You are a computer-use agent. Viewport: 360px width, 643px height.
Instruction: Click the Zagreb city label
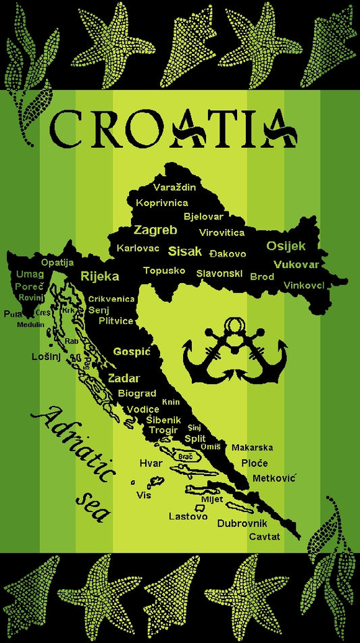[x=155, y=229]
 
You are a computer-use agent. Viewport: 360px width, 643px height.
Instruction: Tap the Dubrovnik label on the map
[x=242, y=523]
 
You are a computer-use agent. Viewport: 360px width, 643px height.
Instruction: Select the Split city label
[x=195, y=438]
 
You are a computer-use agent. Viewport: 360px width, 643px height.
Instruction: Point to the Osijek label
[x=286, y=246]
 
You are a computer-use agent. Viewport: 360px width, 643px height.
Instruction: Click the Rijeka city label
[x=99, y=276]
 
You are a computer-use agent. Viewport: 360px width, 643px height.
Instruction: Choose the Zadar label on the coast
[x=124, y=379]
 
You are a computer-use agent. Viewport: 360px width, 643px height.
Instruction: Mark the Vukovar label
[x=296, y=264]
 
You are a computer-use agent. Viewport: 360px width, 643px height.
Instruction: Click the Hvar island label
[x=151, y=463]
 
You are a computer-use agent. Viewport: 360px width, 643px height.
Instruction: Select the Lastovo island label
[x=188, y=517]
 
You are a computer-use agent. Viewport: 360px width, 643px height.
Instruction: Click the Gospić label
[x=132, y=351]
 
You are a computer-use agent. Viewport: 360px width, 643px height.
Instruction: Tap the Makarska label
[x=252, y=448]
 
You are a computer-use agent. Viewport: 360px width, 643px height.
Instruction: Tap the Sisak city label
[x=185, y=251]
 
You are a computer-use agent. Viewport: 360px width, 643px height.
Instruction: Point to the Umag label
[x=30, y=274]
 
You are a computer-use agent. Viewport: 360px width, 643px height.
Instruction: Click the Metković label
[x=274, y=478]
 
